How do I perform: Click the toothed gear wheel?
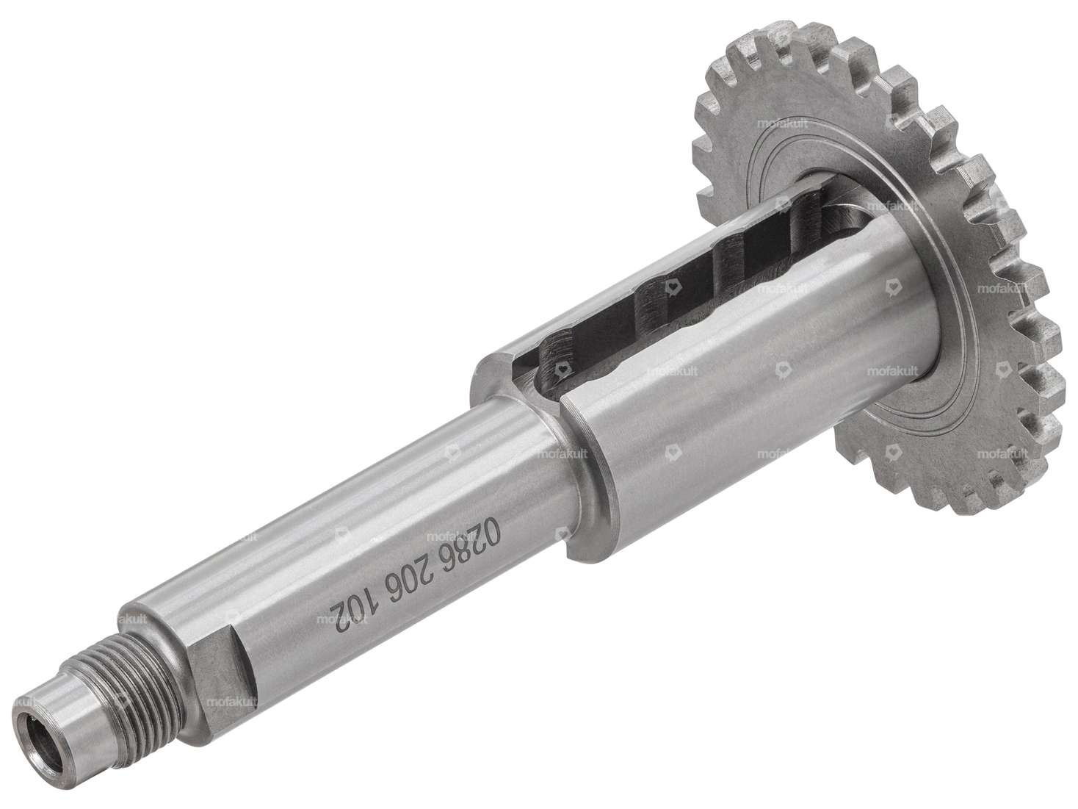coord(977,220)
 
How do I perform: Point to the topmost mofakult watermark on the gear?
coord(764,124)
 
